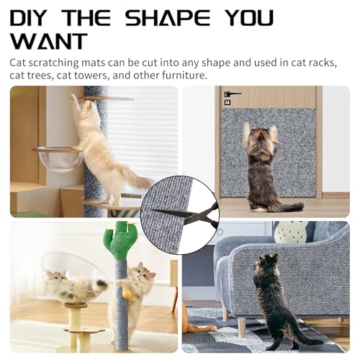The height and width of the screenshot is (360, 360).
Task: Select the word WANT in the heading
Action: [x=48, y=41]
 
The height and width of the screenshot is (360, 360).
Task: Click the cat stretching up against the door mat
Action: [x=261, y=165]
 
